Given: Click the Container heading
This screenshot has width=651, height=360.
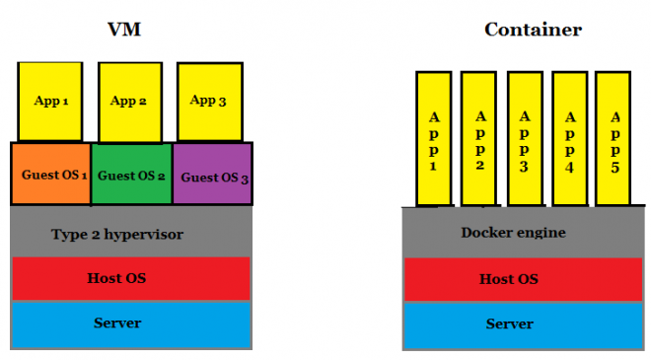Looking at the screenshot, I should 532,29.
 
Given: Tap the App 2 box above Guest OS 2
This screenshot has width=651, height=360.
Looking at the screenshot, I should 130,102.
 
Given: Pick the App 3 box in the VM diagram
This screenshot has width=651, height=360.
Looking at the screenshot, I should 208,102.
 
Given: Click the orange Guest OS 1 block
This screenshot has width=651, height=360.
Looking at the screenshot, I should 51,175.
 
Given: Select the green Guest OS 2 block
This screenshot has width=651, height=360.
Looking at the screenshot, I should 131,175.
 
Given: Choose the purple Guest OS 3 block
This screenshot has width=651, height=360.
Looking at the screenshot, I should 212,175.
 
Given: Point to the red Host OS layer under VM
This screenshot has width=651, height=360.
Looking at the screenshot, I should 131,279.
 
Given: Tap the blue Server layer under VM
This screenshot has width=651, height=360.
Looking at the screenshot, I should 131,324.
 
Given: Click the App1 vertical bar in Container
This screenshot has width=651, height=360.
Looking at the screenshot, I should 433,139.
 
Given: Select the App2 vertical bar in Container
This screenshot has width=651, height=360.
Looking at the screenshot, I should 478,139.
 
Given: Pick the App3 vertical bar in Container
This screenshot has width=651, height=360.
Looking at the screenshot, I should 524,139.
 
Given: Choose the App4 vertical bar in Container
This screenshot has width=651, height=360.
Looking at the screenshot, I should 569,139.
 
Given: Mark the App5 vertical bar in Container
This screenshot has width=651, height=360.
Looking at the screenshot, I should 614,139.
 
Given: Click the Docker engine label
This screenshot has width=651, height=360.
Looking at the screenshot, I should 509,233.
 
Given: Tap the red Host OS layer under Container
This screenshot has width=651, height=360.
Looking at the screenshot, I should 509,279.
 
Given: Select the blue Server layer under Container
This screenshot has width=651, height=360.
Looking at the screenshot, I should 509,324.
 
